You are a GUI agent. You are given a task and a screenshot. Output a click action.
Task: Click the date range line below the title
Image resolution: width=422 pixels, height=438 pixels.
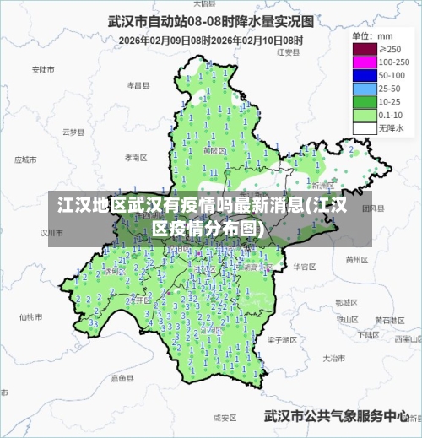[x=210, y=40]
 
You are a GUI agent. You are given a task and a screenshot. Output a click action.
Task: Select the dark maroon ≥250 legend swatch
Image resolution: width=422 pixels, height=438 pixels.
[x=364, y=49]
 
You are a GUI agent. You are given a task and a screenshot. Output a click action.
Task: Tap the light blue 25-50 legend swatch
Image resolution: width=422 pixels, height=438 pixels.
[x=364, y=89]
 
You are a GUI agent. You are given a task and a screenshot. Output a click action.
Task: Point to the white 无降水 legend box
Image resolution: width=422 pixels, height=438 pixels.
[x=364, y=128]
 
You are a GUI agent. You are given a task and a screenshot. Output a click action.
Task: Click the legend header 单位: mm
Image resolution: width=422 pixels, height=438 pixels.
[x=372, y=36]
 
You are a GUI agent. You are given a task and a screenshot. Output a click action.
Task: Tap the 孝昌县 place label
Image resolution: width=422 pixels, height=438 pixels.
[x=138, y=85]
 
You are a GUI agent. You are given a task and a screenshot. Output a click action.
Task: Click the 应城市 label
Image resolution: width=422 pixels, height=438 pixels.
[x=26, y=159]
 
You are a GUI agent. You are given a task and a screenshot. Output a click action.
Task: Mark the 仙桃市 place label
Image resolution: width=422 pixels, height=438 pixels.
[x=30, y=317]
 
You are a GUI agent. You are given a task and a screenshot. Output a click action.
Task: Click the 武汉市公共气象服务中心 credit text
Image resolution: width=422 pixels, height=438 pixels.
[x=337, y=416]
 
